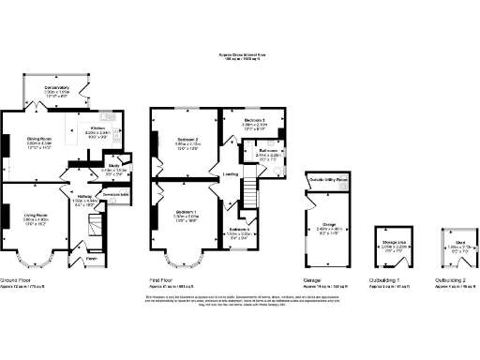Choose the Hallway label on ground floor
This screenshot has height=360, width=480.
[x=84, y=196]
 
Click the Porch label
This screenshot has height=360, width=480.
[x=91, y=259]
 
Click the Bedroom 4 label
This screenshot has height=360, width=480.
[x=239, y=229]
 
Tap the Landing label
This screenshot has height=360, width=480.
[x=229, y=175]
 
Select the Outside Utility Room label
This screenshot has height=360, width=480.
[x=329, y=179]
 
